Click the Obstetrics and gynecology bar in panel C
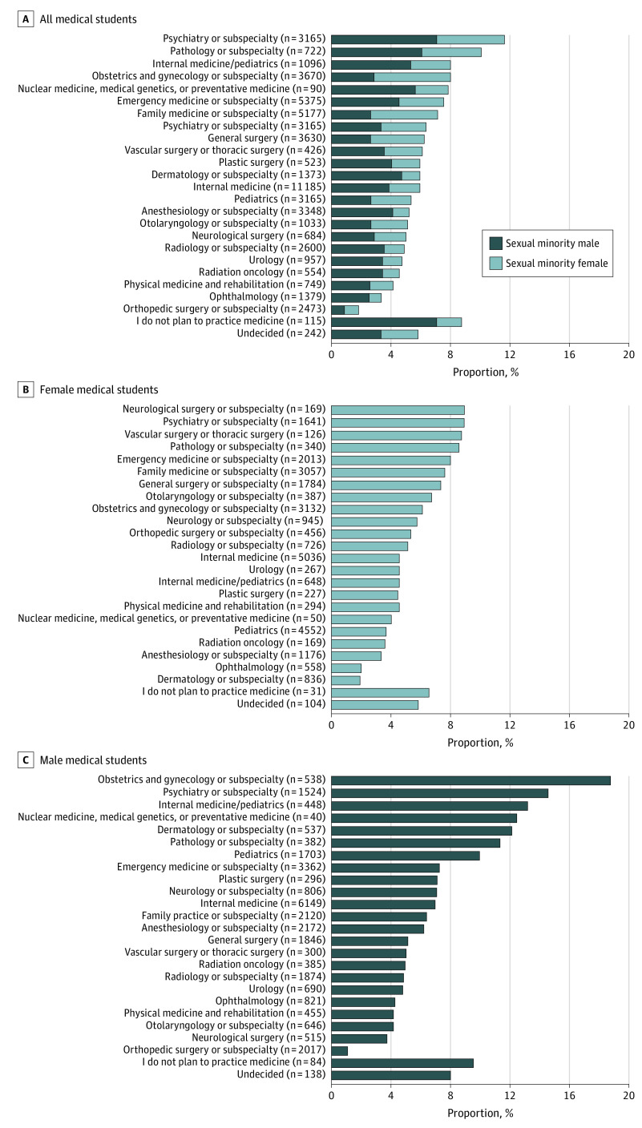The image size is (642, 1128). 470,780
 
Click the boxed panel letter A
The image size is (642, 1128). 25,18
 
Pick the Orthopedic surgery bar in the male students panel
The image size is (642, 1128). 339,1050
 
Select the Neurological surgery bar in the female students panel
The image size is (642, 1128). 398,410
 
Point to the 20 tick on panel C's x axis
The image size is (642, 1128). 628,1095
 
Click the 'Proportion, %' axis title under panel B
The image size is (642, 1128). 479,742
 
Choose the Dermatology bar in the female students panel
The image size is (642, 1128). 345,680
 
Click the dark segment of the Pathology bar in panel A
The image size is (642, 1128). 376,52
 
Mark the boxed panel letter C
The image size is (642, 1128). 25,759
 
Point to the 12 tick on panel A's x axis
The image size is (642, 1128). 510,354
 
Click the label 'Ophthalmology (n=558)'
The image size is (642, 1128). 269,668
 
